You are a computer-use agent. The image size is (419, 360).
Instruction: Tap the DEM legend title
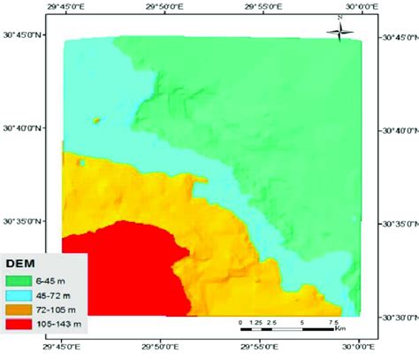pyautogui.click(x=21, y=264)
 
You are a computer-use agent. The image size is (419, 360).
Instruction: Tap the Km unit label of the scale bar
pyautogui.click(x=339, y=329)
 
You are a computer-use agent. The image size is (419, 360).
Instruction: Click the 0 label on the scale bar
pyautogui.click(x=241, y=321)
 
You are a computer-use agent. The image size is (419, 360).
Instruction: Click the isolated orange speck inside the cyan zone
pyautogui.click(x=95, y=119)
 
